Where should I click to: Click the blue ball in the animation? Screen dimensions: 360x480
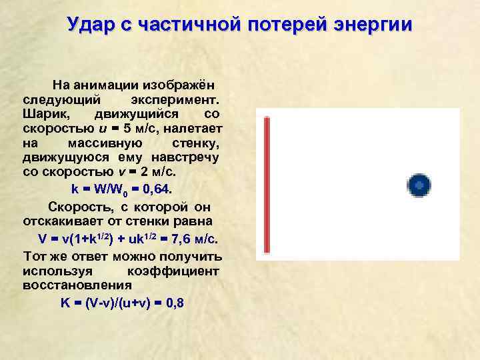[419, 185]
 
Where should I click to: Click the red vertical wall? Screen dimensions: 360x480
[267, 185]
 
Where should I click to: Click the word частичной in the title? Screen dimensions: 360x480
[187, 25]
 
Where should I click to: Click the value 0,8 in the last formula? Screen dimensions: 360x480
[175, 303]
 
